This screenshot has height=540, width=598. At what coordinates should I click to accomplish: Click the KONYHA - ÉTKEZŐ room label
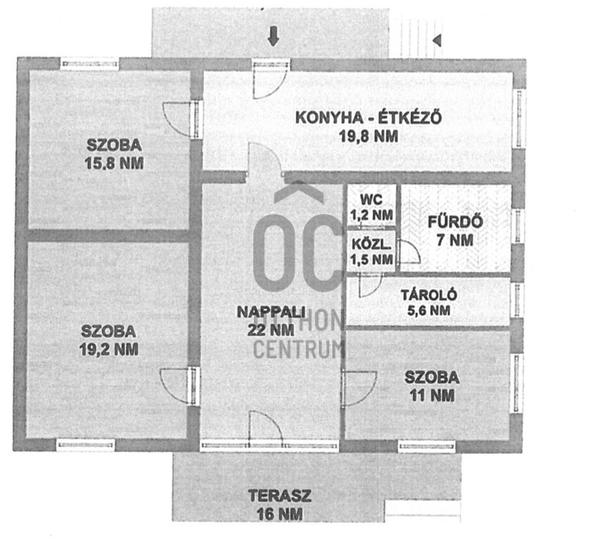tap(368, 118)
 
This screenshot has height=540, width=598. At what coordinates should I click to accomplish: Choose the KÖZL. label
tap(371, 243)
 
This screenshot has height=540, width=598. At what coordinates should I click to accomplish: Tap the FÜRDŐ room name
tap(455, 222)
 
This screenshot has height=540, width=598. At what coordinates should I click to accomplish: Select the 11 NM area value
tap(432, 396)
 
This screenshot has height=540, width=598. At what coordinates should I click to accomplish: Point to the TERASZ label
tap(275, 496)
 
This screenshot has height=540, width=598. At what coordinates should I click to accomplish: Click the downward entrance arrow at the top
tap(273, 36)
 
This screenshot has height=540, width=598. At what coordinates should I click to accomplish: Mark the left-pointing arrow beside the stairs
tap(437, 38)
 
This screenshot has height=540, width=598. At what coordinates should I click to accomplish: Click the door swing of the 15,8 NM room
tap(177, 119)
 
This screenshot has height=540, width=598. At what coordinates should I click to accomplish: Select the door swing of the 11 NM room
tap(357, 387)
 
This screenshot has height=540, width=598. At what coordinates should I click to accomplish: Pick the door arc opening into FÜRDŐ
tap(409, 252)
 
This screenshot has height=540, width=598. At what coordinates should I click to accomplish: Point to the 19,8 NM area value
tap(368, 136)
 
